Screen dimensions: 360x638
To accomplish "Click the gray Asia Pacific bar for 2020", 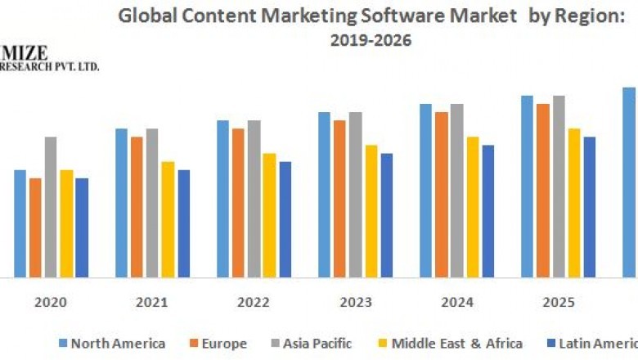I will point(51,207).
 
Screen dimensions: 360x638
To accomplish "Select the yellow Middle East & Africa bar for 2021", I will point(168,219).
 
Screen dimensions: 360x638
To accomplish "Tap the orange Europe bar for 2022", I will point(238,203).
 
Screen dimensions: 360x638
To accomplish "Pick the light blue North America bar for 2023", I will point(324,195).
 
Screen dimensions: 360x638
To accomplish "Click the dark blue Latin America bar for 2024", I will point(488,211).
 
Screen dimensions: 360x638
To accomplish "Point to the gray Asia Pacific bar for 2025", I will point(559,187).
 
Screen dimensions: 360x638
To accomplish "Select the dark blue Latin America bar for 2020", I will point(82,227).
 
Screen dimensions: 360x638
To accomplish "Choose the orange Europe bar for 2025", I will point(543,191).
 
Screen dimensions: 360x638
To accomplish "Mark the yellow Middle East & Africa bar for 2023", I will point(371,211).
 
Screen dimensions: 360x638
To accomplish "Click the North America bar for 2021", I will point(121,203).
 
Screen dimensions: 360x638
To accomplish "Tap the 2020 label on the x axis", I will point(51,303).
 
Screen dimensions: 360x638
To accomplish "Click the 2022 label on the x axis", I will point(254,303).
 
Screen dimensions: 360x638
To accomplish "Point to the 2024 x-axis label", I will point(456,303).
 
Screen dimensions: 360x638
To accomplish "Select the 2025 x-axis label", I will point(558,303).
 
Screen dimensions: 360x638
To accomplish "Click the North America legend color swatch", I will point(63,344).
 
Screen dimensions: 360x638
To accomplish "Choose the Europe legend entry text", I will point(222,344).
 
